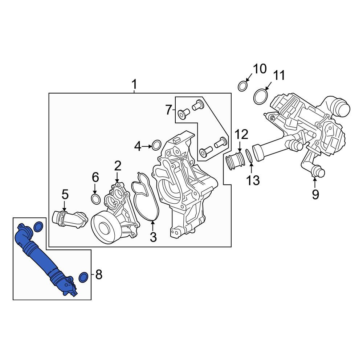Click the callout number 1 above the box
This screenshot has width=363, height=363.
click(x=134, y=85)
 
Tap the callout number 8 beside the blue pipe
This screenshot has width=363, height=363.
click(x=99, y=275)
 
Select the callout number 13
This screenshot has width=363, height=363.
click(x=253, y=180)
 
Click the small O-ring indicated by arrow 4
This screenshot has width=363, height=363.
click(x=157, y=145)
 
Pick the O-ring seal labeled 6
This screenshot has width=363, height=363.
click(x=95, y=199)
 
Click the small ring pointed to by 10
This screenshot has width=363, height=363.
click(x=242, y=86)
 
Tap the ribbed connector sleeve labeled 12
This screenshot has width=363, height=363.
click(x=235, y=160)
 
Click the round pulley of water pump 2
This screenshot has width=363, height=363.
click(x=105, y=228)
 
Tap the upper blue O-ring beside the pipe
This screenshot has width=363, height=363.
click(x=38, y=227)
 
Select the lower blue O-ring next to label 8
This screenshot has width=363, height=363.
click(x=83, y=277)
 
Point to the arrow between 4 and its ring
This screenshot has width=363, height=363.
click(x=147, y=146)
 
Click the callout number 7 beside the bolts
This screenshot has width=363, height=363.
click(x=169, y=110)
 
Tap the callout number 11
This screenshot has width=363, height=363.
click(x=279, y=76)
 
